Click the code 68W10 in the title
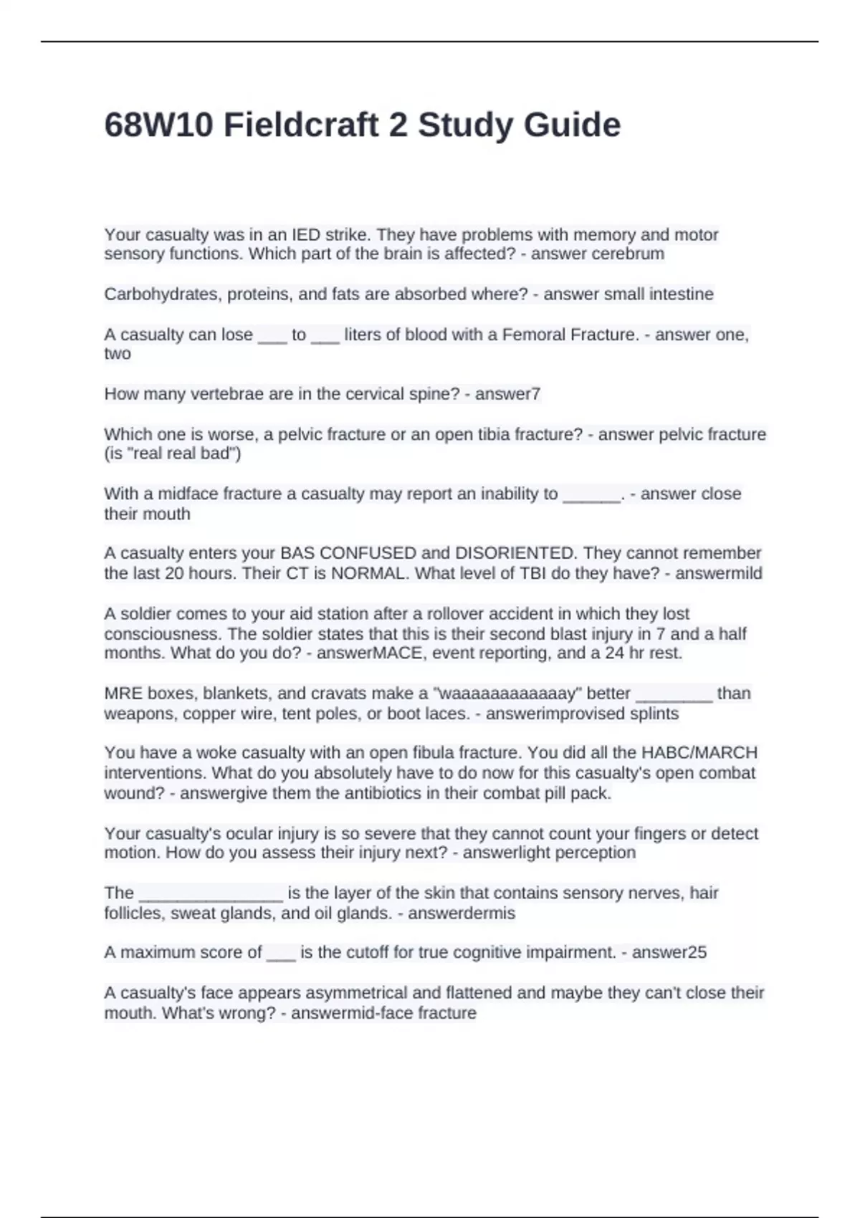pyautogui.click(x=158, y=125)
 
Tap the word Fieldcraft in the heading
pyautogui.click(x=301, y=125)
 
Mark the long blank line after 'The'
pyautogui.click(x=211, y=894)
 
